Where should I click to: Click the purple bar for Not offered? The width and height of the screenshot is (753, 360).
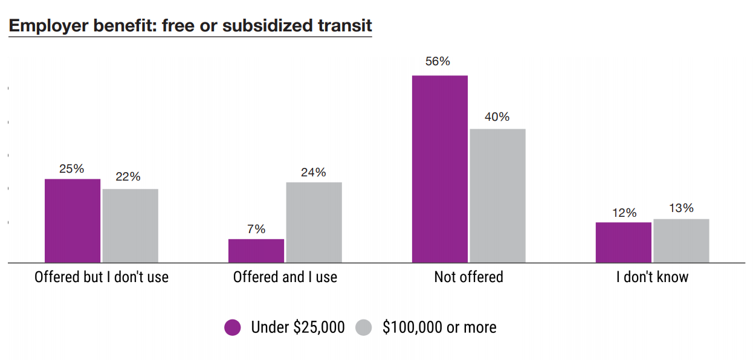pyautogui.click(x=439, y=169)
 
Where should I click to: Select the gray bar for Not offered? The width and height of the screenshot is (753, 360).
pyautogui.click(x=497, y=196)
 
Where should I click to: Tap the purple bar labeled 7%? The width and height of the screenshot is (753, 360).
pyautogui.click(x=256, y=251)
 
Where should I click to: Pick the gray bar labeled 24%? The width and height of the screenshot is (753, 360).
pyautogui.click(x=314, y=222)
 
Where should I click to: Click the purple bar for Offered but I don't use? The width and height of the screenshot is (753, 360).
pyautogui.click(x=73, y=220)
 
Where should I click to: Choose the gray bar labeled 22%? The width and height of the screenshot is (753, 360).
pyautogui.click(x=130, y=226)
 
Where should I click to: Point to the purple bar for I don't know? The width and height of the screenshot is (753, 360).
pyautogui.click(x=623, y=242)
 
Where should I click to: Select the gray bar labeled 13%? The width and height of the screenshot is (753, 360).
pyautogui.click(x=681, y=240)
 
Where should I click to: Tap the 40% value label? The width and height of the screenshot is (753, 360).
pyautogui.click(x=497, y=117)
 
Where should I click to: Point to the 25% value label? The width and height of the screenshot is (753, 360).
pyautogui.click(x=71, y=169)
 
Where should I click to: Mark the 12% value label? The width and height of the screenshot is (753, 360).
pyautogui.click(x=624, y=213)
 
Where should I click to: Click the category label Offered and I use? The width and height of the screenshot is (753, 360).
pyautogui.click(x=285, y=277)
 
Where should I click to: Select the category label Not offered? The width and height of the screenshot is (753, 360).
pyautogui.click(x=468, y=277)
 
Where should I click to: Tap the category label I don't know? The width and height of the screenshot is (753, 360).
pyautogui.click(x=652, y=277)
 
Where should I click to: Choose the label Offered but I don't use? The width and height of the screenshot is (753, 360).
pyautogui.click(x=101, y=277)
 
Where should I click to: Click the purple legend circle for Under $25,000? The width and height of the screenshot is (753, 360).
pyautogui.click(x=233, y=327)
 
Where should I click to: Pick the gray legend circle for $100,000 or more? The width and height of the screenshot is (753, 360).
pyautogui.click(x=363, y=327)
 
